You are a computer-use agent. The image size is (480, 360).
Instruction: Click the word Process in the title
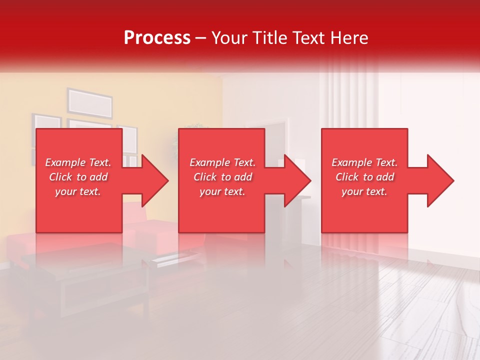(x=157, y=37)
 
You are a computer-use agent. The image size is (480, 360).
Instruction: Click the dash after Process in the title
(x=201, y=38)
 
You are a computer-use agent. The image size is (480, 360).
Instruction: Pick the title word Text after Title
(x=309, y=37)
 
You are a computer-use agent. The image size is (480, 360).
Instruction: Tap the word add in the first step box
(x=99, y=177)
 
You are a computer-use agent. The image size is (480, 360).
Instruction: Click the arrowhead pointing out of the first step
(x=152, y=180)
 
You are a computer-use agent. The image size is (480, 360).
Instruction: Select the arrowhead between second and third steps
(x=295, y=180)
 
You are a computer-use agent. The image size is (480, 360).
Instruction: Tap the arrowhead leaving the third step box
(x=438, y=180)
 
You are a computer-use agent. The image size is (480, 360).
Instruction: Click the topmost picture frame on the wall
(x=90, y=101)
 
